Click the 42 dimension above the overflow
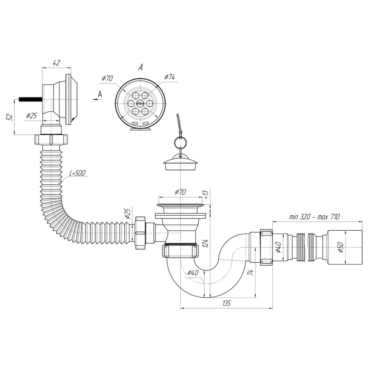57,63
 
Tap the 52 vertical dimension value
10,117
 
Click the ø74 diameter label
169,77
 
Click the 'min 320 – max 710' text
314,217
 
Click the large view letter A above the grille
140,68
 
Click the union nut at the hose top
52,139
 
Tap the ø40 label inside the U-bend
192,273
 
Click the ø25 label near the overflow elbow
32,116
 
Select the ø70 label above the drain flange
180,192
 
